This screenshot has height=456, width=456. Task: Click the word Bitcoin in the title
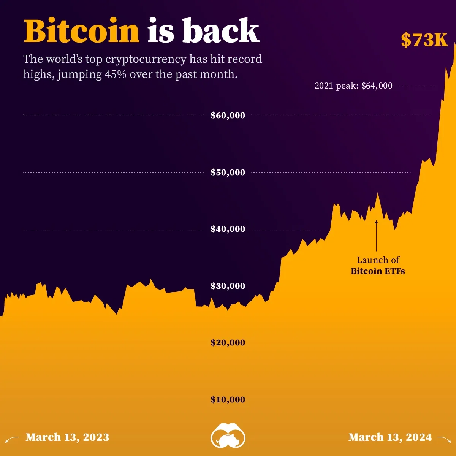coord(82,31)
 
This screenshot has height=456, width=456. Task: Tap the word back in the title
coord(220,31)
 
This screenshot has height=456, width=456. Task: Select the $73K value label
coord(424,40)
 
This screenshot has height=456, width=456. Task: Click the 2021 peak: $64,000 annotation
coord(353,86)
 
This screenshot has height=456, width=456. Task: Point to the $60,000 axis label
coord(228,115)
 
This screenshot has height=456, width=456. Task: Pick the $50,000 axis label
coord(228,172)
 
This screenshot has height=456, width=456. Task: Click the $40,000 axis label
coord(228,229)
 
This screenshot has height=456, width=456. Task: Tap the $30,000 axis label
coord(228,286)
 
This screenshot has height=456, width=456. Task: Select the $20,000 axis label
coord(228,342)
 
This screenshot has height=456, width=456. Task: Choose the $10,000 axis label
coord(228,399)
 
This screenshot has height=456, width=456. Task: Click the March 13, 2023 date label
coord(67,437)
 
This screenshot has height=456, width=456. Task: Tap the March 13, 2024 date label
coord(390,437)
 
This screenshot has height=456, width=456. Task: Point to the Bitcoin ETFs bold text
coord(378,271)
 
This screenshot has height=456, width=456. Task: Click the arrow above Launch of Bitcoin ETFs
coord(377,236)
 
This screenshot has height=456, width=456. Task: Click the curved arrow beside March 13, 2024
coord(444,439)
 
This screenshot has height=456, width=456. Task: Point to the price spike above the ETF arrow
coord(377,195)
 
